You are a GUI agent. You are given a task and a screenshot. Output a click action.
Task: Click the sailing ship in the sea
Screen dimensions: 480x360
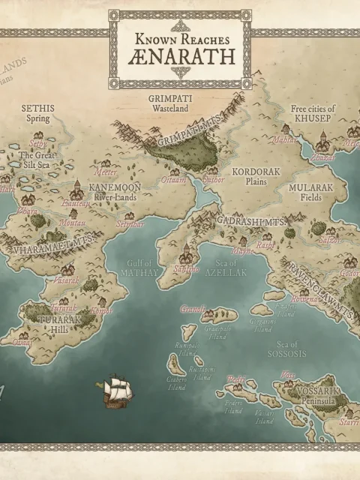tap(117, 391)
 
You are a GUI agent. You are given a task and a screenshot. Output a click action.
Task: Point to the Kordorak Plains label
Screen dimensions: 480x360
tap(256, 176)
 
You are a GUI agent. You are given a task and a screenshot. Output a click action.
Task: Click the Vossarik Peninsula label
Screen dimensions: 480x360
tap(313, 396)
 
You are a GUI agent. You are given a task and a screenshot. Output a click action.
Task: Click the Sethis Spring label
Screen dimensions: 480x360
tap(38, 112)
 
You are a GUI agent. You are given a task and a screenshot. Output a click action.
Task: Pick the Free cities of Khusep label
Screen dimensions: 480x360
tap(313, 113)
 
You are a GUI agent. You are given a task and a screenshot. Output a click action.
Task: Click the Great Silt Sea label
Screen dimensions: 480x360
tap(36, 160)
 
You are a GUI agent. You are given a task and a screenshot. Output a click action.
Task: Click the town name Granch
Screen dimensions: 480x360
tap(193, 308)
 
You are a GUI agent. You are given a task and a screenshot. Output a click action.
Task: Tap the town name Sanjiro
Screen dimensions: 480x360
tap(187, 268)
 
